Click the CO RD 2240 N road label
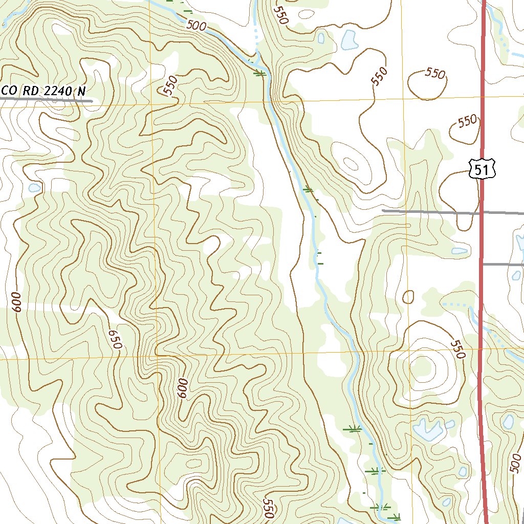click(44, 91)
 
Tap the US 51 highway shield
click(482, 168)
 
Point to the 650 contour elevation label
click(115, 339)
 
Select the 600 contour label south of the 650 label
click(183, 389)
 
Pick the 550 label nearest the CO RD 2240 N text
click(170, 85)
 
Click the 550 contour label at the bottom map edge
click(269, 508)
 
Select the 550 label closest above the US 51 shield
click(466, 122)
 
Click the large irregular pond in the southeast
click(427, 429)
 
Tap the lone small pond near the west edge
click(34, 188)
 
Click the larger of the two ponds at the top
click(349, 40)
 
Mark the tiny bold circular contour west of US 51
click(408, 297)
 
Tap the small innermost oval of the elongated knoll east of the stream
click(351, 164)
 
